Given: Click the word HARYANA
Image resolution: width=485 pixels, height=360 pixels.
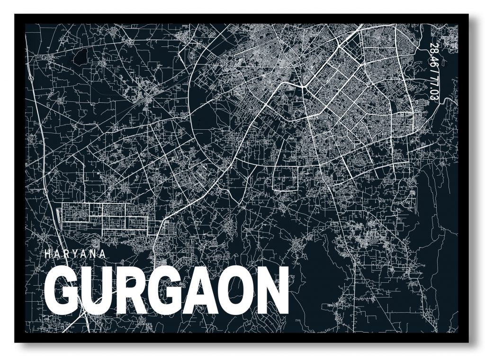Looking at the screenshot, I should click(x=75, y=253).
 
